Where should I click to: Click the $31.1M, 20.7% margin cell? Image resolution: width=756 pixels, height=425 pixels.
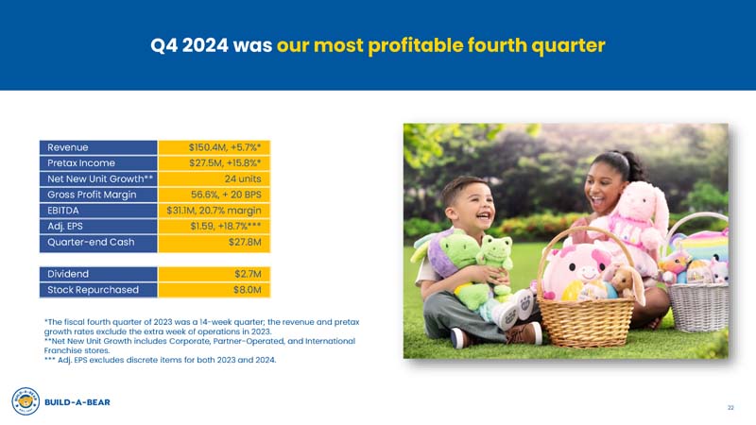click(x=215, y=211)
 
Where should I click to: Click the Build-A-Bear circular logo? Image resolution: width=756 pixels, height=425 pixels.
click(x=26, y=401)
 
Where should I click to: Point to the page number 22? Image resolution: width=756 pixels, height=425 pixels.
click(x=730, y=408)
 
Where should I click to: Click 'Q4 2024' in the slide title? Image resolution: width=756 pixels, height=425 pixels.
click(x=189, y=45)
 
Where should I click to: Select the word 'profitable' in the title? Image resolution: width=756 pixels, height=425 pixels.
click(x=414, y=46)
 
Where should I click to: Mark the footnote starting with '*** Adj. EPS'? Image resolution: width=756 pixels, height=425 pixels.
click(x=160, y=360)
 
